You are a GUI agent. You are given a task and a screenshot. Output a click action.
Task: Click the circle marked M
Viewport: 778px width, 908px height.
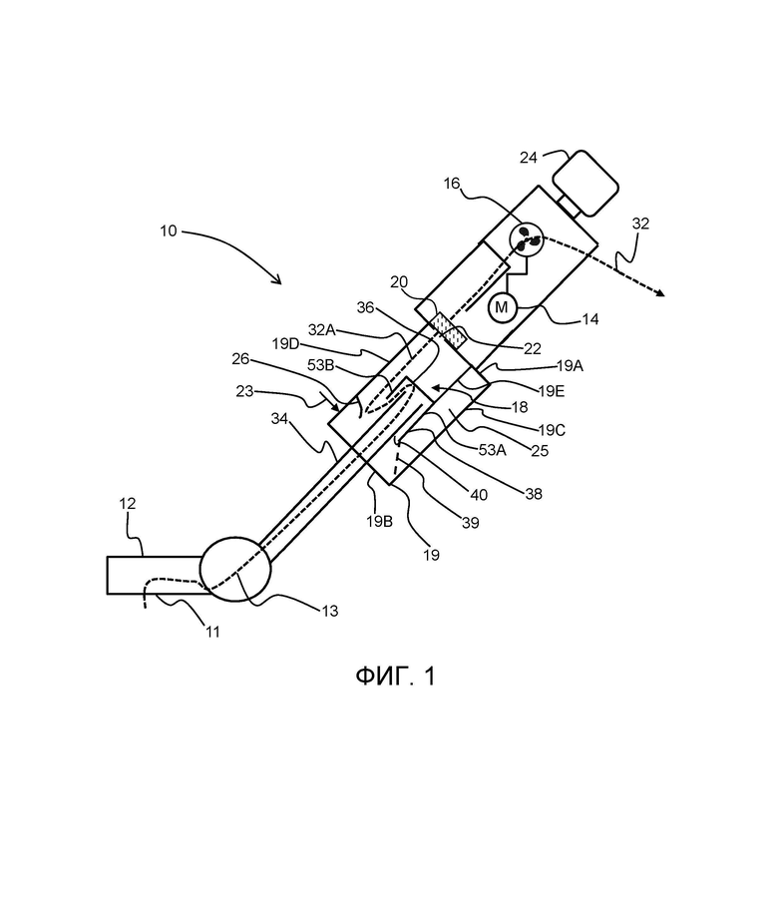pyautogui.click(x=502, y=307)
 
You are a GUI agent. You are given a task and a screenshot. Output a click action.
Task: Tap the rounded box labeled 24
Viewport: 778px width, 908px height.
pyautogui.click(x=585, y=183)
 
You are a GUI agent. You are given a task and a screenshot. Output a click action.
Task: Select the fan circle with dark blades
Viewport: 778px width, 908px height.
pyautogui.click(x=527, y=239)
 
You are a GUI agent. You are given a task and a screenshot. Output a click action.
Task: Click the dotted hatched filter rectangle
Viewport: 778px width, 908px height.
pyautogui.click(x=450, y=330)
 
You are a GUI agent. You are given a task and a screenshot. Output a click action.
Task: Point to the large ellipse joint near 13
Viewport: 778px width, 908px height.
pyautogui.click(x=235, y=569)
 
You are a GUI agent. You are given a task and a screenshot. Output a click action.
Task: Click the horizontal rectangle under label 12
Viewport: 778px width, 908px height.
pyautogui.click(x=155, y=575)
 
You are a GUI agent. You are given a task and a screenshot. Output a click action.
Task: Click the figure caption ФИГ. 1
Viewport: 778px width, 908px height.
pyautogui.click(x=395, y=676)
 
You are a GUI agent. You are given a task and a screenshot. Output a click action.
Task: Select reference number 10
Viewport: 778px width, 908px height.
pyautogui.click(x=169, y=231)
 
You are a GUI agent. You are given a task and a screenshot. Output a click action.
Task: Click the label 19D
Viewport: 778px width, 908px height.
pyautogui.click(x=285, y=344)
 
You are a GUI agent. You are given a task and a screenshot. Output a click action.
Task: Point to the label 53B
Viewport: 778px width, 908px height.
pyautogui.click(x=320, y=365)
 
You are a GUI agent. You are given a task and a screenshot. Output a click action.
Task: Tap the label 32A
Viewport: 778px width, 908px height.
pyautogui.click(x=321, y=329)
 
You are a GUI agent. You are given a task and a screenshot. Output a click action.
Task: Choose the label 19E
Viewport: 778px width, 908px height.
pyautogui.click(x=551, y=391)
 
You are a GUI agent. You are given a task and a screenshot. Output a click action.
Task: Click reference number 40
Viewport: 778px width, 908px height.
pyautogui.click(x=479, y=495)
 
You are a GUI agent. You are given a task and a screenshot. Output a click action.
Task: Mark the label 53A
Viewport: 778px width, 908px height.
pyautogui.click(x=492, y=449)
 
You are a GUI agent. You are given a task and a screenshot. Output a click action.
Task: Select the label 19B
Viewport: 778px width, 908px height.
pyautogui.click(x=379, y=521)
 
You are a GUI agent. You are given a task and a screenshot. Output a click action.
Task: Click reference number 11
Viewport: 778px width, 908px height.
pyautogui.click(x=213, y=632)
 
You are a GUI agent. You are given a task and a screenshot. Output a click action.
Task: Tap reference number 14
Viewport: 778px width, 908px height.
pyautogui.click(x=589, y=319)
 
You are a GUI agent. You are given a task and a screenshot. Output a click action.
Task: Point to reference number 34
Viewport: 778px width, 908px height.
pyautogui.click(x=279, y=418)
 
